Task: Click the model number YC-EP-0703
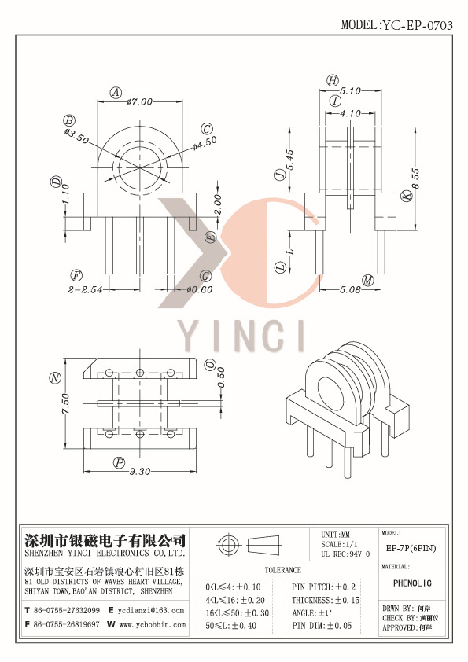pyautogui.click(x=417, y=24)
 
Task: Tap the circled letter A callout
pyautogui.click(x=116, y=93)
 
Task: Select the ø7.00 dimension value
pyautogui.click(x=142, y=101)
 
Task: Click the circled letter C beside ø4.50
pyautogui.click(x=208, y=129)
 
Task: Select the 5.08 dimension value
pyautogui.click(x=350, y=289)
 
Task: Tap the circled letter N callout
pyautogui.click(x=55, y=377)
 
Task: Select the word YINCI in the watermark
pyautogui.click(x=241, y=336)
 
